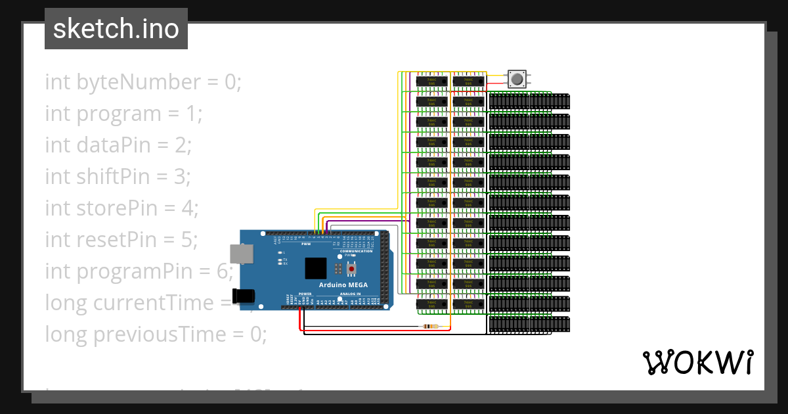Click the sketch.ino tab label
tap(116, 29)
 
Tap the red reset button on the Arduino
tap(352, 269)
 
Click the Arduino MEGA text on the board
tap(343, 285)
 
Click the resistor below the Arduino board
tap(431, 327)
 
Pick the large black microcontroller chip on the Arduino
tap(315, 268)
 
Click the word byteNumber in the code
tap(127, 83)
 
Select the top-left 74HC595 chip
tap(431, 81)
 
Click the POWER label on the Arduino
tap(305, 294)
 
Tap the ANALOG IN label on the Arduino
tap(350, 294)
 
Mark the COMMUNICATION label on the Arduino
tap(357, 251)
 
